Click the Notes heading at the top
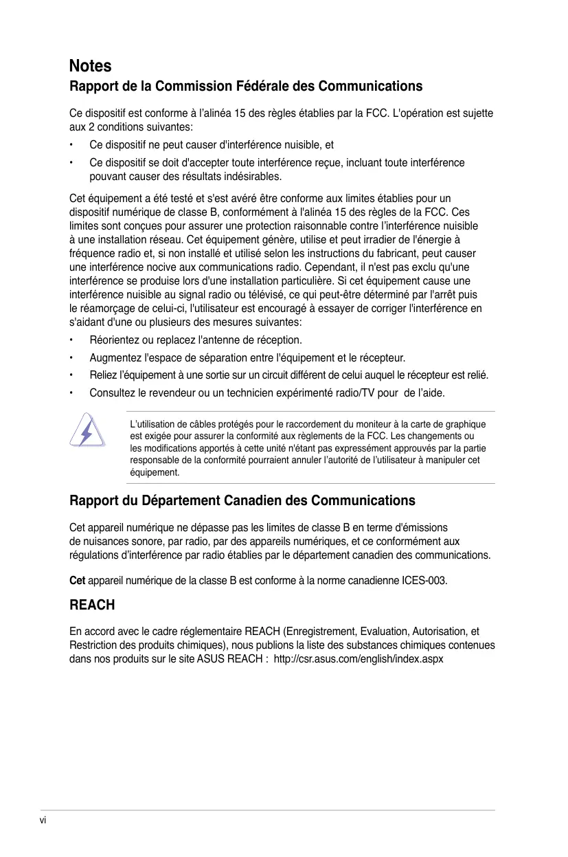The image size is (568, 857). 90,66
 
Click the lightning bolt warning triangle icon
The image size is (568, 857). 87,432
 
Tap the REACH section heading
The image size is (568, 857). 92,605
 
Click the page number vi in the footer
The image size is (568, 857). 43,821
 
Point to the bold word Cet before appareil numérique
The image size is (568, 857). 78,581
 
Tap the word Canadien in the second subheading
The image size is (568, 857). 258,500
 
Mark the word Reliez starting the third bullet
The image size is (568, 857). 103,375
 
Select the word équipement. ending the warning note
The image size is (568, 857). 155,473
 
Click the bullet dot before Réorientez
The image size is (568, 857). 71,340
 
